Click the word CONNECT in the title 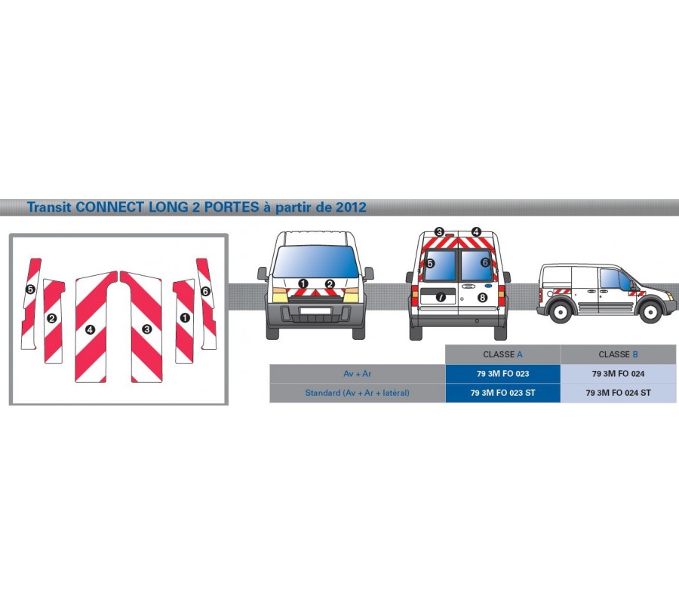point(110,207)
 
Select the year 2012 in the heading point(350,207)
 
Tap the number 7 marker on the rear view point(441,297)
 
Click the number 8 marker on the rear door point(482,297)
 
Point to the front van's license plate point(315,310)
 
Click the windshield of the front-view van point(316,262)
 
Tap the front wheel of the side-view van point(650,311)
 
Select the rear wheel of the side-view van point(561,311)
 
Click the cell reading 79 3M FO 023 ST point(502,393)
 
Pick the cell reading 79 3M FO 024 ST point(618,393)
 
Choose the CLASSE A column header point(502,354)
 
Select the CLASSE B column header point(618,354)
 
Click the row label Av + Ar point(358,374)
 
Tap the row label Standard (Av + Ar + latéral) point(358,393)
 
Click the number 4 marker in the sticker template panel point(90,330)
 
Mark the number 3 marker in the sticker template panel point(147,329)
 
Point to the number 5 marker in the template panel point(30,289)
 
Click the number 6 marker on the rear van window point(485,262)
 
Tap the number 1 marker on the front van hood point(303,283)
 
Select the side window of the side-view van point(611,280)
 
